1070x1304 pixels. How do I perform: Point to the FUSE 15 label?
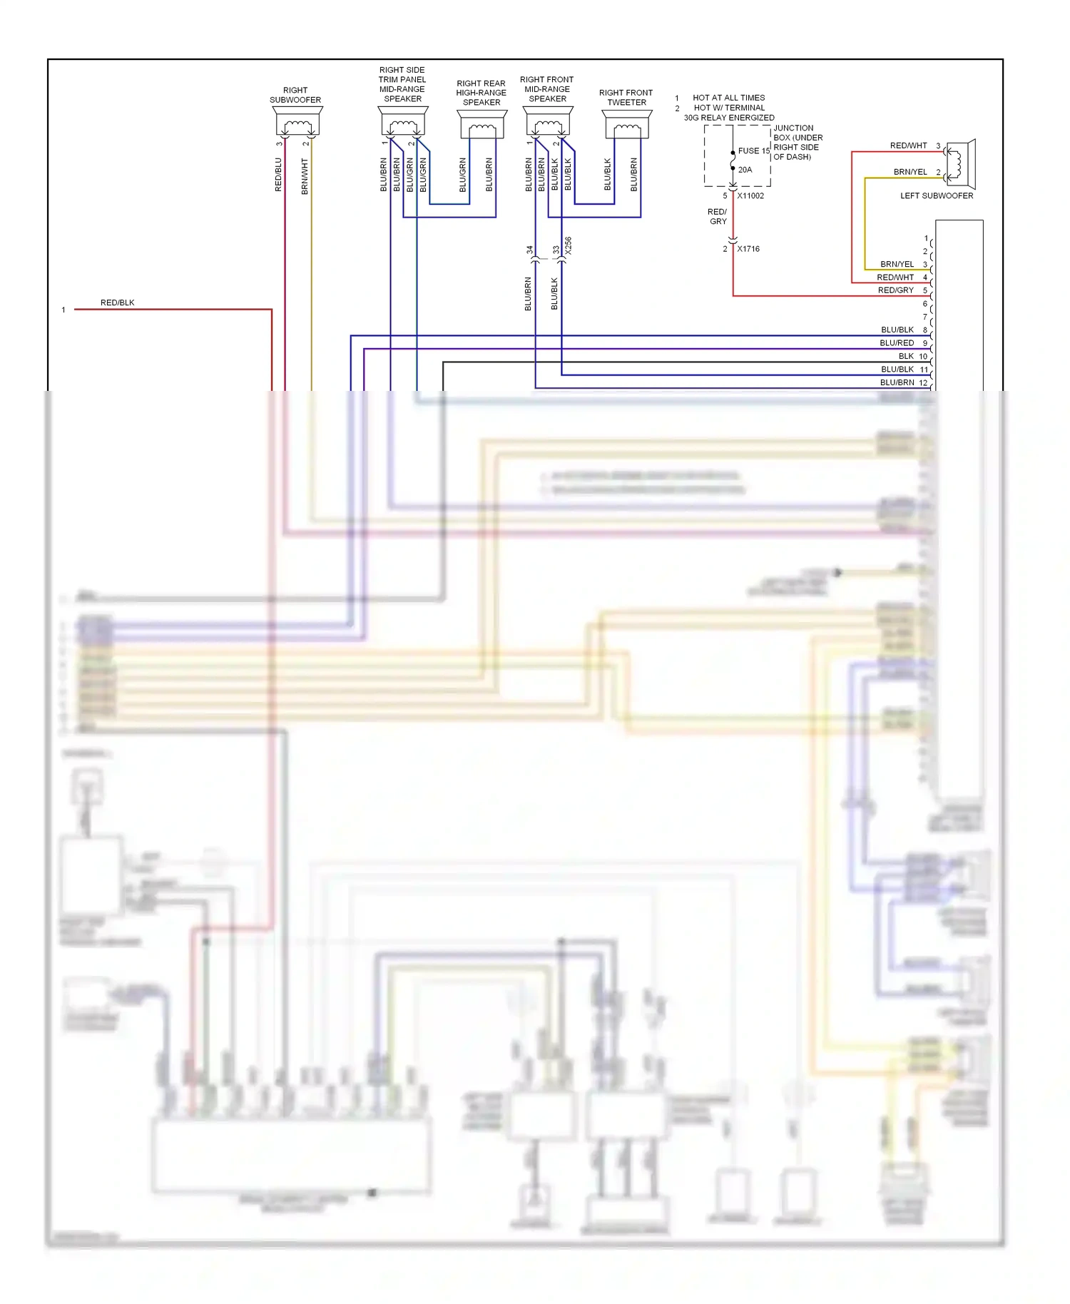753,151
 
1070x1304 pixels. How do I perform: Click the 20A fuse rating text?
745,170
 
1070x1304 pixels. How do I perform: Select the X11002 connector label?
750,195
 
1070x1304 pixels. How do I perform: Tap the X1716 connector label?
748,249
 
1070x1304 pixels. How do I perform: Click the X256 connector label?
568,246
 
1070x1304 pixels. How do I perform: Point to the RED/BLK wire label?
117,302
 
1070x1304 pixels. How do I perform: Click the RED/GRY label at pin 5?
895,290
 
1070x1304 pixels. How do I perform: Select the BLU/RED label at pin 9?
897,343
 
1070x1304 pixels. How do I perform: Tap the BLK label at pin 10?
905,356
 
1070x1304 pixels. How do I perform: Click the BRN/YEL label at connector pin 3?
897,264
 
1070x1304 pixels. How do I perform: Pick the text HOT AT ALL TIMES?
728,98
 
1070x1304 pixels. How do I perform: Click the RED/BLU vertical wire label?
278,175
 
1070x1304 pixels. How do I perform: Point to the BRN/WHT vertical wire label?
305,176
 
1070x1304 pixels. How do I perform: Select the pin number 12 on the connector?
923,383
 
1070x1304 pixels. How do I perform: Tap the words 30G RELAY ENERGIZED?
729,118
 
